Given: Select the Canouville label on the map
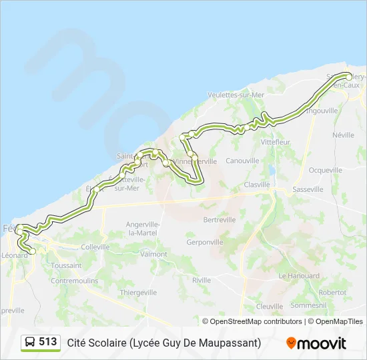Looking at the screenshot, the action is point(242,161).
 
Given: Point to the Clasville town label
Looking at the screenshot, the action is point(257,185).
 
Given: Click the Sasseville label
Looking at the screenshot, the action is point(308,189).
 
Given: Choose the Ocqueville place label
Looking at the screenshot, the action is point(326,170).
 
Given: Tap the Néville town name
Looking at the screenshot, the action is point(343,135).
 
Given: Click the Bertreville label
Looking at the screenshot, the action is point(220,219).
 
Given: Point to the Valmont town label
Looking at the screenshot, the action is point(153,254).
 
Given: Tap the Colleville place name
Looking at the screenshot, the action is point(95,247).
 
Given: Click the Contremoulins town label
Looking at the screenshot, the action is point(74,281).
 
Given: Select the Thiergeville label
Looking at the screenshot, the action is point(138,292).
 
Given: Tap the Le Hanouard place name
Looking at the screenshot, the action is point(299,275).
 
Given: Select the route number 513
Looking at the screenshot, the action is point(48,342).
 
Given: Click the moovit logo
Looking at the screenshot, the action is point(316,343).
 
